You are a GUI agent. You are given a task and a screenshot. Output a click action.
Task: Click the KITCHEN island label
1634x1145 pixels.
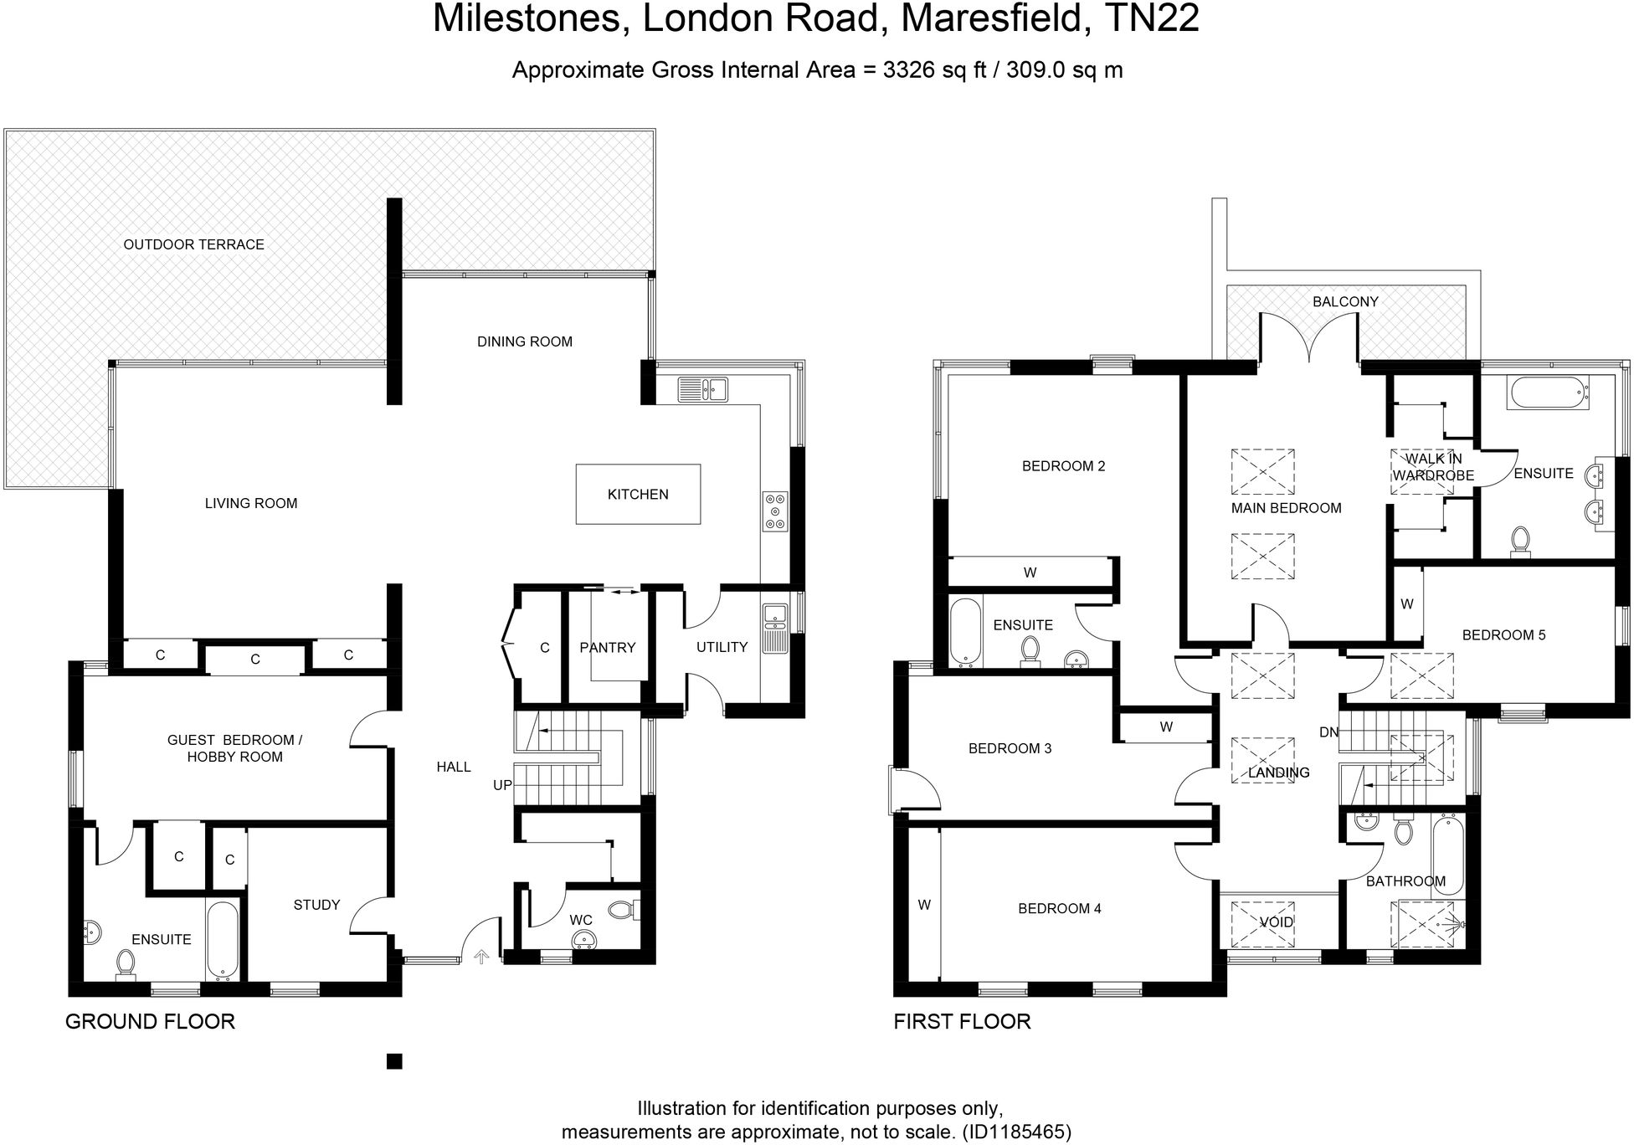coord(638,495)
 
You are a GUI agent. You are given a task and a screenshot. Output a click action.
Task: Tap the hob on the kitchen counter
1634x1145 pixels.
coord(775,511)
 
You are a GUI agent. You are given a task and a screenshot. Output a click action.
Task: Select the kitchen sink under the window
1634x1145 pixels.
coord(703,388)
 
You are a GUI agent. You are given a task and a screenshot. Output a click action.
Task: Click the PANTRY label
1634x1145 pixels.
coord(607,647)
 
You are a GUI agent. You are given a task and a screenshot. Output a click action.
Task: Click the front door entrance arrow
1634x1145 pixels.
coord(482,956)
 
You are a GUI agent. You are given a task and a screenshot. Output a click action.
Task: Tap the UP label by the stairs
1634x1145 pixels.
coord(502,785)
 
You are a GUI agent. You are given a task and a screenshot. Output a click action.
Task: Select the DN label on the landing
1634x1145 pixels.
coord(1328,732)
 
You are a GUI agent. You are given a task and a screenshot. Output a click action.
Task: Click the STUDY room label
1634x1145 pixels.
coord(316,905)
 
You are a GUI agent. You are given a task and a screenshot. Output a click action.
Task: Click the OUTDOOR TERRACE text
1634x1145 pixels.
coord(193,244)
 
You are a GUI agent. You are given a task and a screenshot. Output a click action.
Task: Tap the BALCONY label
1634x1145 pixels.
coord(1345,301)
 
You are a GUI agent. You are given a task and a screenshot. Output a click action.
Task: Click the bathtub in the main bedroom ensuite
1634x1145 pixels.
coord(1547,393)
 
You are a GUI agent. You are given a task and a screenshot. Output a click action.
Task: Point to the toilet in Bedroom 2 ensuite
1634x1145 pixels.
coord(1030,650)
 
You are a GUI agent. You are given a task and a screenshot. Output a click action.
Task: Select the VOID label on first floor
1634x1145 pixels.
coord(1277,922)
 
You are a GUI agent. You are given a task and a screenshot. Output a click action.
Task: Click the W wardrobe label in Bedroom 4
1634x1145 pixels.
coord(924,905)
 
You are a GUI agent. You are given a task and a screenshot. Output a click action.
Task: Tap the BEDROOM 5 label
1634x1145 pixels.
coord(1503,634)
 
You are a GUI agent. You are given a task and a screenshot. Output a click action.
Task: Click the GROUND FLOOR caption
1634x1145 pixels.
coord(150,1021)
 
